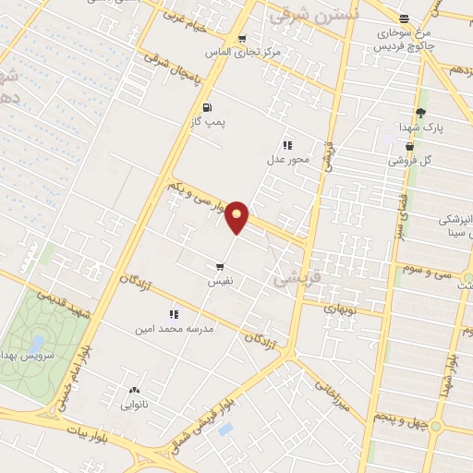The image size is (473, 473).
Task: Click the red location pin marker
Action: pos(237,216)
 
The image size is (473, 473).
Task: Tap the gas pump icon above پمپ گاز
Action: pos(207,106)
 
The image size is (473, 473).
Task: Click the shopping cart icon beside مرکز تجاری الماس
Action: pos(242,39)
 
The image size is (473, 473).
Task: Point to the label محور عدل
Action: pos(287,160)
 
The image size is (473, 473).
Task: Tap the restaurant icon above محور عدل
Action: pos(288,145)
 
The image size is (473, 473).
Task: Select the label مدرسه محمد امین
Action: pos(175,329)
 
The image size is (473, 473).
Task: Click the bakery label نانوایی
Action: pos(135,404)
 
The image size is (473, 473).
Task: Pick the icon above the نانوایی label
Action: pos(135,391)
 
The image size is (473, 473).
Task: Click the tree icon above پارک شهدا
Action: pos(420,113)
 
